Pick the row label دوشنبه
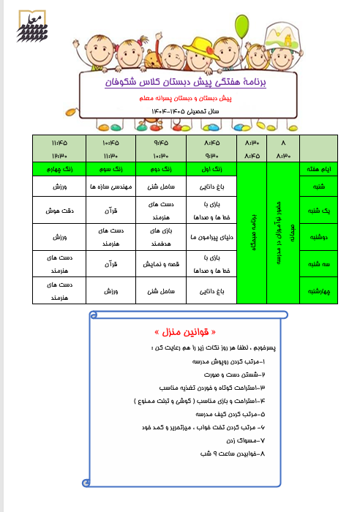(320, 238)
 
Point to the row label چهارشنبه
(320, 290)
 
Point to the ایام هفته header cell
(320, 170)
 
